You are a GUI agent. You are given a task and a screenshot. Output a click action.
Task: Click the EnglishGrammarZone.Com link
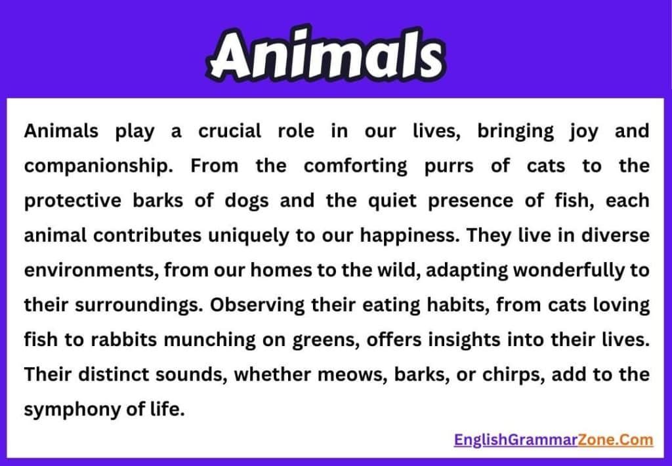(x=553, y=439)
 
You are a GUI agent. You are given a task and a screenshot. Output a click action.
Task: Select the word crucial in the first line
(x=229, y=131)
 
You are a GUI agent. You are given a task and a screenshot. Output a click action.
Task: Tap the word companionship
(x=98, y=166)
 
